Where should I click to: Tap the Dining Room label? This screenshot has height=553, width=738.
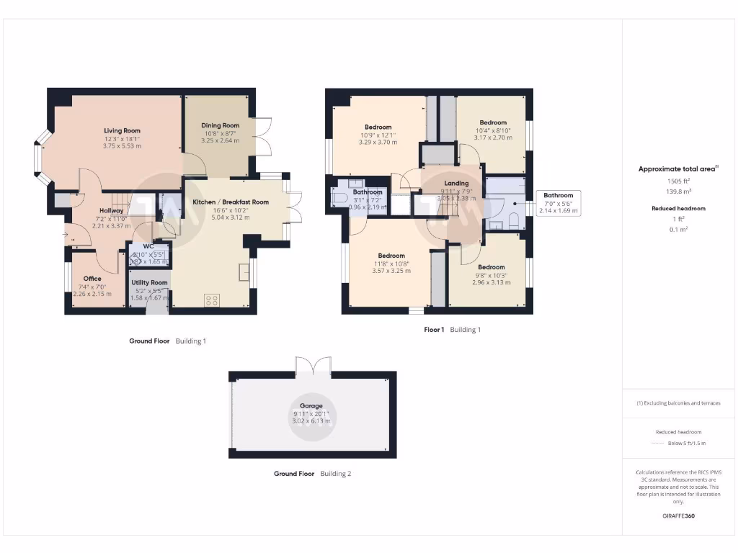220,125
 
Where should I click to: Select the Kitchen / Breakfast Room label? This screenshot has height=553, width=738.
231,202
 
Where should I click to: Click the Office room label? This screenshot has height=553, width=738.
92,279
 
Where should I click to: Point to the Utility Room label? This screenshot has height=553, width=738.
149,283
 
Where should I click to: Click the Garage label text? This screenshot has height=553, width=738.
312,406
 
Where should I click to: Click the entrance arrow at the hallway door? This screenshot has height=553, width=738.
66,234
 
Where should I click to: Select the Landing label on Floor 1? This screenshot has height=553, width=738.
456,184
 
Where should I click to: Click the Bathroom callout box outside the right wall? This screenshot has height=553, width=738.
558,203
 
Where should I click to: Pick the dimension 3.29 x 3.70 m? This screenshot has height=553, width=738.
378,143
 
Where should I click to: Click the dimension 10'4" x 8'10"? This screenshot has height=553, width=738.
493,130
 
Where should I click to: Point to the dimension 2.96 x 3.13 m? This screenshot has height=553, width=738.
491,282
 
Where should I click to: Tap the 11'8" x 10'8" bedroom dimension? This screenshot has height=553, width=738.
391,264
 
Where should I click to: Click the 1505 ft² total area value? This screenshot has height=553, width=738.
678,181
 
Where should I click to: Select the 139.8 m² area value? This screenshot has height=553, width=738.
678,192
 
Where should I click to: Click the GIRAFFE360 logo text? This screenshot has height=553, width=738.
678,516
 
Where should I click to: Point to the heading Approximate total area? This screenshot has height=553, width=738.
677,169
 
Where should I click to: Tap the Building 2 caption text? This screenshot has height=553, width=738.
336,474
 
